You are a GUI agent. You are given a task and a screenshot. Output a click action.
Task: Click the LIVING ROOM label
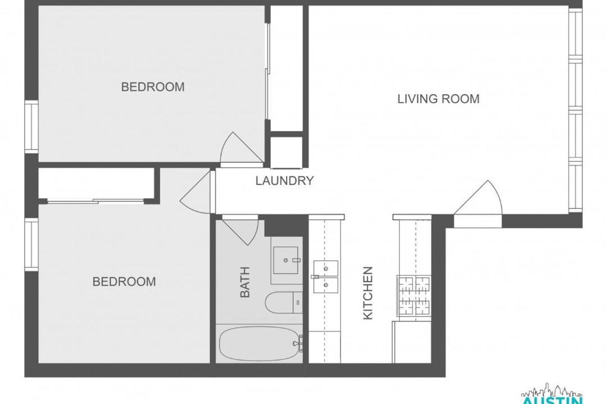coord(438,99)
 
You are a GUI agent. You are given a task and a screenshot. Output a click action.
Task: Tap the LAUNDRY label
coord(284,181)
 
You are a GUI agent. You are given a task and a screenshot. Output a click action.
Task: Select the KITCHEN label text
coord(368,293)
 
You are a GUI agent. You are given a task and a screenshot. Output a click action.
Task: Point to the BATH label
coord(245,282)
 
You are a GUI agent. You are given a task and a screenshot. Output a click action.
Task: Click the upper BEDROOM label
coord(153,87)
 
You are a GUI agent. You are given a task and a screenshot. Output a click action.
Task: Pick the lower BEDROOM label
coord(124,282)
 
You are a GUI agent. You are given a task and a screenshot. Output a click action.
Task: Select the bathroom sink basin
coord(286,260)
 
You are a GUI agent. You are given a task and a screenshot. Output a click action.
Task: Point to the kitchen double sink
coord(325,277)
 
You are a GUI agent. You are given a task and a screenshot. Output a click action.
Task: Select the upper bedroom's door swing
coord(242,148)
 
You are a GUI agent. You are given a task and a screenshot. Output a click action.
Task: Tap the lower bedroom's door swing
coord(196,192)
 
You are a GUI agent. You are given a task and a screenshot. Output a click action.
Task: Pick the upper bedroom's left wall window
coord(31,126)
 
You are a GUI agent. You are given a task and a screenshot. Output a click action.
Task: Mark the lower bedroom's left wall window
coord(31,244)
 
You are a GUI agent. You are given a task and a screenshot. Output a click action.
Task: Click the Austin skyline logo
coord(552,394)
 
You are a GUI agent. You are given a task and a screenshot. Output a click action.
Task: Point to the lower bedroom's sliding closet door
coord(96,201)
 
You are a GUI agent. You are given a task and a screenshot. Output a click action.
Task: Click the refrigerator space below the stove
coord(412,342)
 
